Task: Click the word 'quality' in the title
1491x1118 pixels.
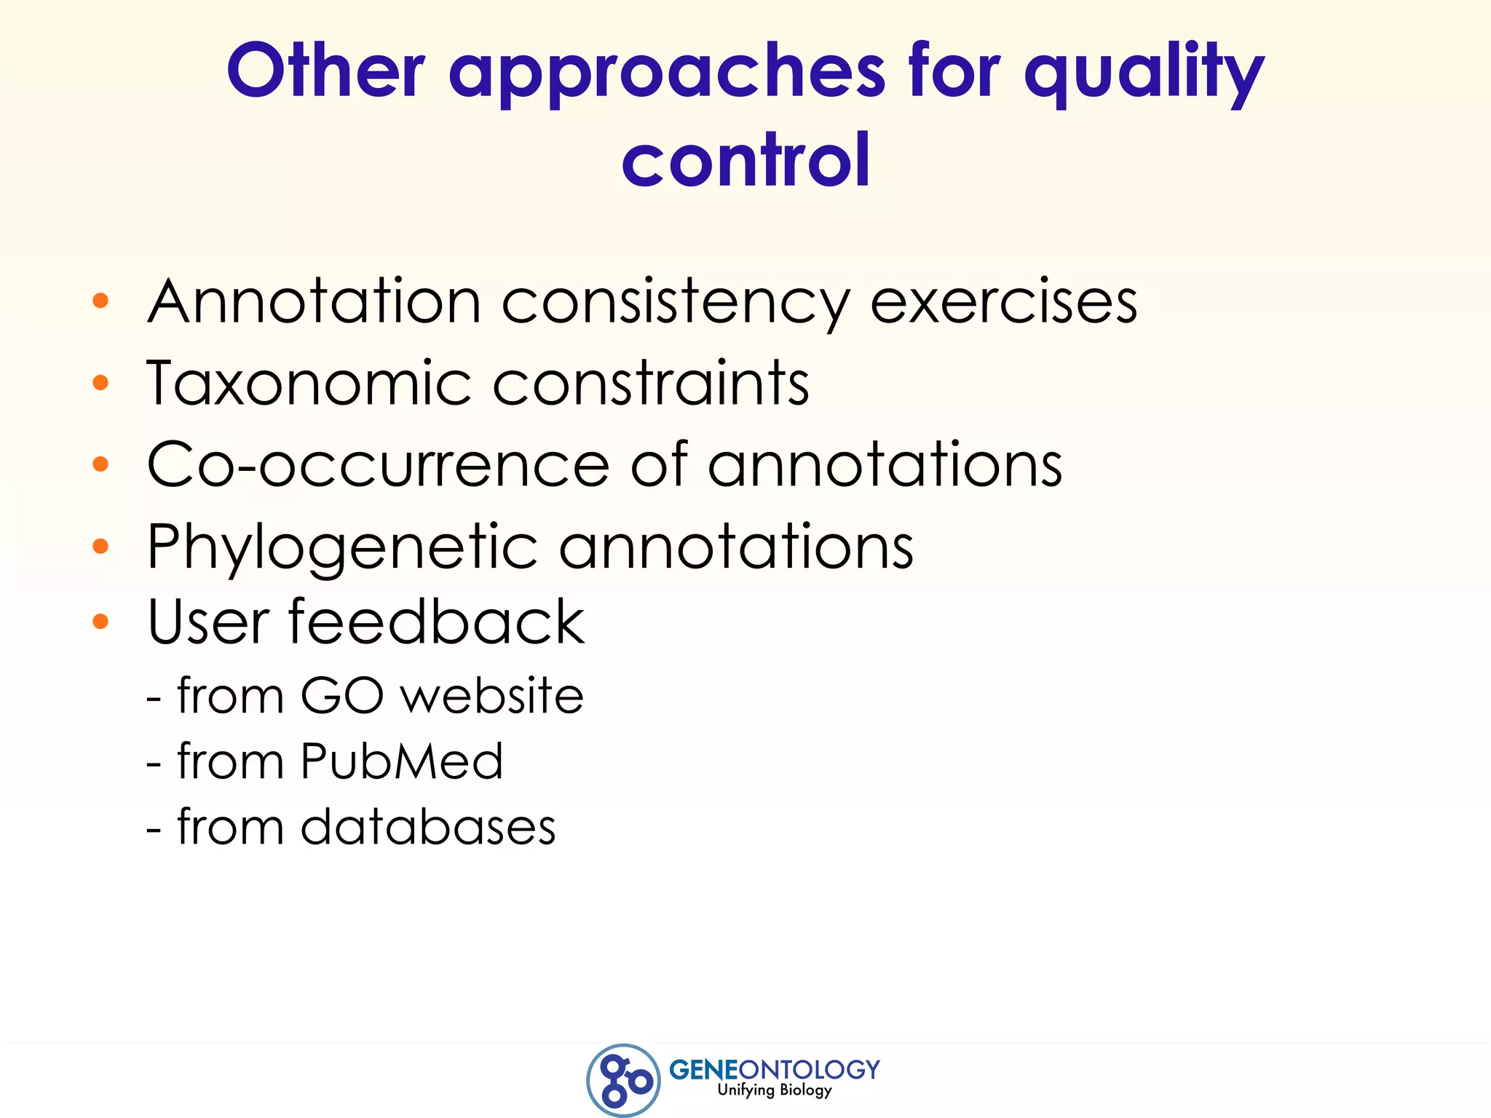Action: [x=1144, y=73]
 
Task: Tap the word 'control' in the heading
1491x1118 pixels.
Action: [x=745, y=160]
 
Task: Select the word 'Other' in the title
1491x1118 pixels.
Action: [x=325, y=71]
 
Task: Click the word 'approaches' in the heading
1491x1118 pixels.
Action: [x=667, y=73]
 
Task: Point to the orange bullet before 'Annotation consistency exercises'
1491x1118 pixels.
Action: [x=100, y=301]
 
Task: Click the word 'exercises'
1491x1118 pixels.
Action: [x=1003, y=301]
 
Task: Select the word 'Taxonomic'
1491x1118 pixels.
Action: [x=309, y=383]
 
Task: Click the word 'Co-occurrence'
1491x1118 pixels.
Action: [x=378, y=464]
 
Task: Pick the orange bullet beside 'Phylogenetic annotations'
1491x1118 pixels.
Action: [x=100, y=546]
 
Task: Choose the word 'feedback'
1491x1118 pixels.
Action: [x=437, y=622]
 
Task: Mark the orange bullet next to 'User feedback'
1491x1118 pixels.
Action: [x=100, y=622]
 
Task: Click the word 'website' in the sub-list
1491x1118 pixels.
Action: [x=492, y=695]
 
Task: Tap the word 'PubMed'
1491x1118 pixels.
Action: [x=401, y=761]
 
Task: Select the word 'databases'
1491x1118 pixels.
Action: [x=428, y=827]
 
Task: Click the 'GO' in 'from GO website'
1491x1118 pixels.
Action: [x=341, y=695]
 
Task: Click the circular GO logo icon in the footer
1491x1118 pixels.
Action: [x=623, y=1079]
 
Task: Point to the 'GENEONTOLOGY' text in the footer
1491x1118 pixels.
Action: [x=774, y=1069]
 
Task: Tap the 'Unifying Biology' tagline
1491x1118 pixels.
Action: [x=774, y=1090]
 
